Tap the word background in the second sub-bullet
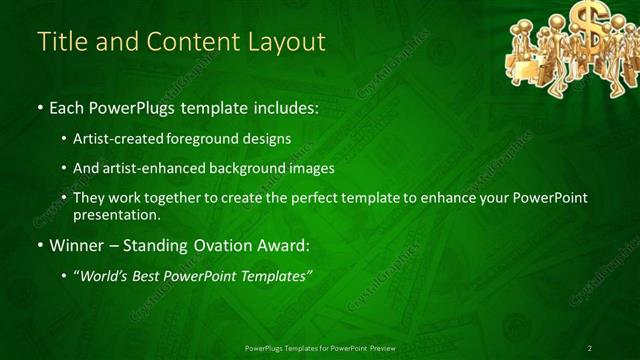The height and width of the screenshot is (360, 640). (x=262, y=168)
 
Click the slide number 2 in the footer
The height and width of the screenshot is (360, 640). (x=590, y=347)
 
